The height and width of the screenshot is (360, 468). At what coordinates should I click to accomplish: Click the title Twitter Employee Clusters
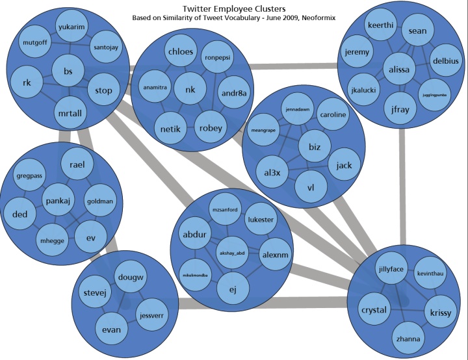click(x=234, y=8)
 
